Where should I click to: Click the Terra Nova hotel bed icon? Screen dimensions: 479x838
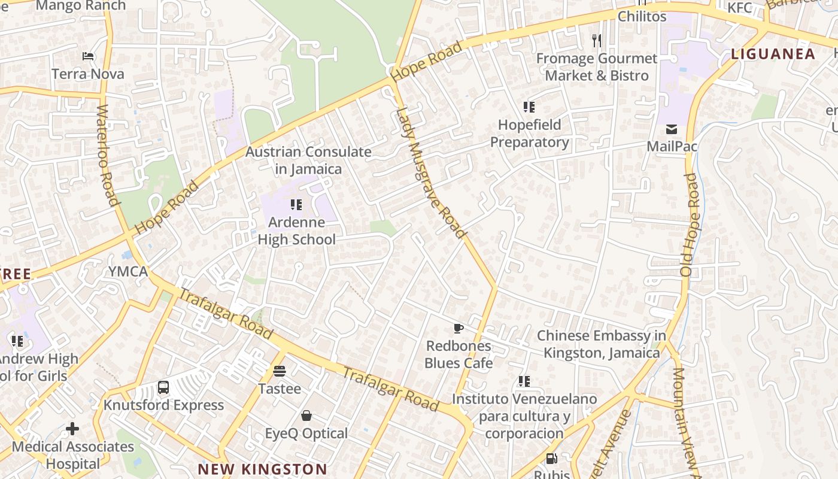click(88, 57)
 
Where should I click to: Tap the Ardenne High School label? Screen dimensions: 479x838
click(296, 231)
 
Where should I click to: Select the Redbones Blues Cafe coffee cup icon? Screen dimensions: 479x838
click(458, 328)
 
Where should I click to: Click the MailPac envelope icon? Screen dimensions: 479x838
click(672, 129)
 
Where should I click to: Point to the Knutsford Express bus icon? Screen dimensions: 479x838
click(163, 387)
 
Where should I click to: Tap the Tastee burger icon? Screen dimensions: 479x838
click(280, 371)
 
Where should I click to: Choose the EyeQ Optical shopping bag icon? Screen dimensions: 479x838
click(306, 416)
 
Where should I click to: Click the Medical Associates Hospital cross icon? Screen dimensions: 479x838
click(72, 429)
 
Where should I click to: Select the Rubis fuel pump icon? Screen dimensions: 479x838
click(551, 459)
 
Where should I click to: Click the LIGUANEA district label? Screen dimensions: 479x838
click(773, 54)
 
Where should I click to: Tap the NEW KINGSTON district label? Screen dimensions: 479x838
click(262, 469)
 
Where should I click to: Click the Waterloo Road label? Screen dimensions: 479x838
click(105, 156)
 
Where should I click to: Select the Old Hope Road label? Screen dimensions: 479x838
click(690, 225)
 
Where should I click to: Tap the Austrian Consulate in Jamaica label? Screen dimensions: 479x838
click(308, 160)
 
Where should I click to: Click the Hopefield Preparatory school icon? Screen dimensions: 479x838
click(529, 107)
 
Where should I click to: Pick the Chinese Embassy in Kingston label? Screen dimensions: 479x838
click(601, 344)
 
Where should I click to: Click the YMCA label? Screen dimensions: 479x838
click(128, 271)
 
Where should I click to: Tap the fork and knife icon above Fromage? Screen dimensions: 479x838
click(596, 41)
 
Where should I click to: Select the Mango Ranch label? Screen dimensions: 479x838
click(81, 6)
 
